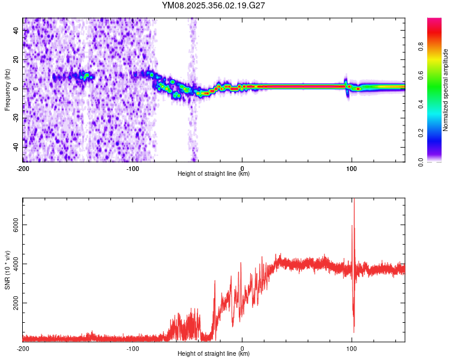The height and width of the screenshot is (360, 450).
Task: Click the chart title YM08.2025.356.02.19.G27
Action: click(x=214, y=5)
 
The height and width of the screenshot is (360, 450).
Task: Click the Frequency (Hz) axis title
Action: click(x=7, y=90)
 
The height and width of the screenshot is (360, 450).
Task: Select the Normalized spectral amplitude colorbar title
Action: click(x=446, y=90)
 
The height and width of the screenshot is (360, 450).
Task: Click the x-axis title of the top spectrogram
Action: click(x=214, y=174)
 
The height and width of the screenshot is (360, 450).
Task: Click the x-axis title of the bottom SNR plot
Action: click(x=214, y=354)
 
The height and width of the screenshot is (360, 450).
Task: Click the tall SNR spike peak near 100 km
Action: click(x=353, y=200)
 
